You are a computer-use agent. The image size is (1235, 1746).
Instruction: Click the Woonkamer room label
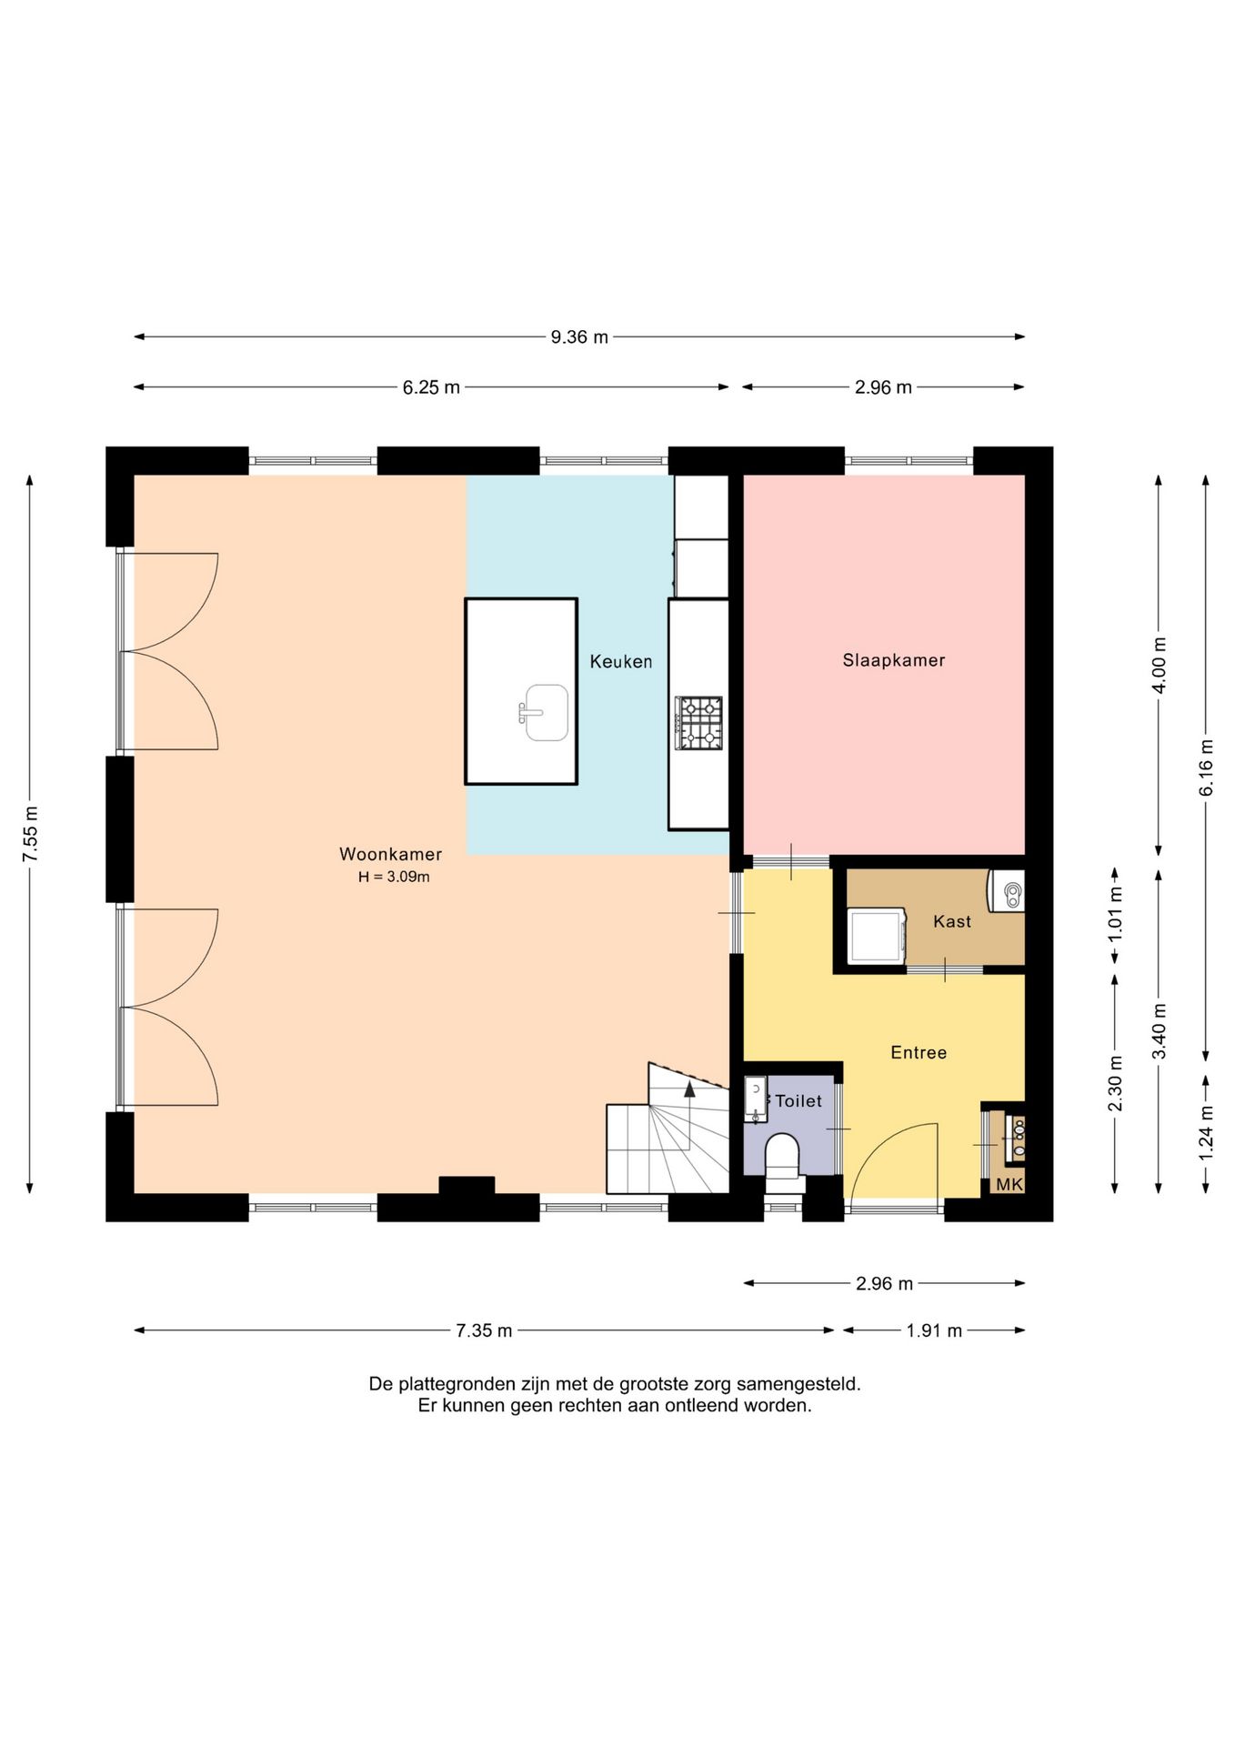coord(390,854)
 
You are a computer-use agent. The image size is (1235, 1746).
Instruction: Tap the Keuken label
coord(621,661)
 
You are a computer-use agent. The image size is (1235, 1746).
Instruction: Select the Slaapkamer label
coord(894,660)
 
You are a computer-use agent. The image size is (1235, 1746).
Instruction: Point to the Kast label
coord(952,921)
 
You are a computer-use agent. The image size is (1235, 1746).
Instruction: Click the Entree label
coord(919,1052)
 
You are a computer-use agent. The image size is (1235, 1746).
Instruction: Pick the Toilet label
coord(798,1100)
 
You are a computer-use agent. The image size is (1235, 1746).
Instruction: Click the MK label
coord(1009,1184)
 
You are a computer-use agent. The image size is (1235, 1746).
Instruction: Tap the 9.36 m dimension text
coord(579,337)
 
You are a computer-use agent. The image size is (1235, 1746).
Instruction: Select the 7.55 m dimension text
coord(30,834)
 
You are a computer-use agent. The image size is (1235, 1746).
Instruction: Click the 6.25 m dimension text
coord(431,387)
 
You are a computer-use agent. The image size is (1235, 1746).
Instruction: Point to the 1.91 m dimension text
coord(934,1330)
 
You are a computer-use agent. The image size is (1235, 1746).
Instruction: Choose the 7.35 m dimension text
coord(484,1330)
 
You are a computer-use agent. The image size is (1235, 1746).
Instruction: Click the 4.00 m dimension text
coord(1159,665)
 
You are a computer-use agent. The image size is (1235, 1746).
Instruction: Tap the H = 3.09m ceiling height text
coord(394,878)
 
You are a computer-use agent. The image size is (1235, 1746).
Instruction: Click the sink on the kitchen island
coord(545,713)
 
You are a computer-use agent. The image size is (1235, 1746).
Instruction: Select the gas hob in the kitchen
coord(699,723)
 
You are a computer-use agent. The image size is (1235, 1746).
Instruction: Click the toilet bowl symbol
coord(782,1157)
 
